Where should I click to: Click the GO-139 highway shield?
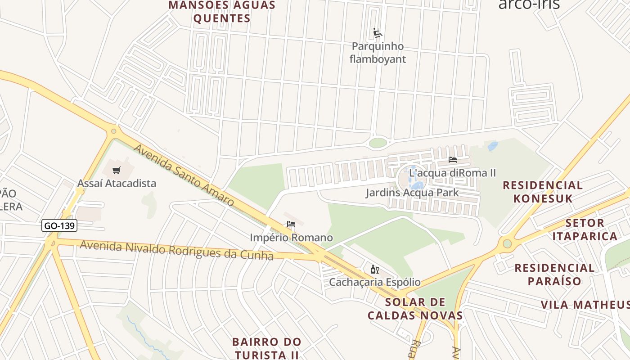(59, 225)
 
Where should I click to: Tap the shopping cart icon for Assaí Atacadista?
(117, 170)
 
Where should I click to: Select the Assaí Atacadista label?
(117, 183)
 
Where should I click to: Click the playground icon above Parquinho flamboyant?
(378, 33)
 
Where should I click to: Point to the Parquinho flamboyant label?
(378, 53)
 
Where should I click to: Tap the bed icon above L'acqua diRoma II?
(453, 160)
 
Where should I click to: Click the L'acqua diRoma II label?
(452, 173)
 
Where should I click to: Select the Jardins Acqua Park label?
(412, 193)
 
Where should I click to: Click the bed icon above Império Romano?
(291, 224)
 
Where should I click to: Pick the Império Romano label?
(291, 237)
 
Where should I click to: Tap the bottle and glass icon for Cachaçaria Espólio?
(374, 270)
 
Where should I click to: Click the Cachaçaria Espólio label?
(374, 282)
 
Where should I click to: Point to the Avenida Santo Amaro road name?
(184, 175)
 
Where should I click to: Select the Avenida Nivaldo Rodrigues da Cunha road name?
(176, 250)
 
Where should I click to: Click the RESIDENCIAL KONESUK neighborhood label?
(543, 192)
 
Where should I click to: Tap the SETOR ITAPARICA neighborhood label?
(585, 229)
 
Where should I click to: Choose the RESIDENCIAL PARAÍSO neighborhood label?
(554, 274)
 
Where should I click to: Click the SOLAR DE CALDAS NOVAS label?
(415, 309)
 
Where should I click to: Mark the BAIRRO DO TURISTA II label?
(266, 348)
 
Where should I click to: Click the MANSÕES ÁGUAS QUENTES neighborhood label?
(221, 12)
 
